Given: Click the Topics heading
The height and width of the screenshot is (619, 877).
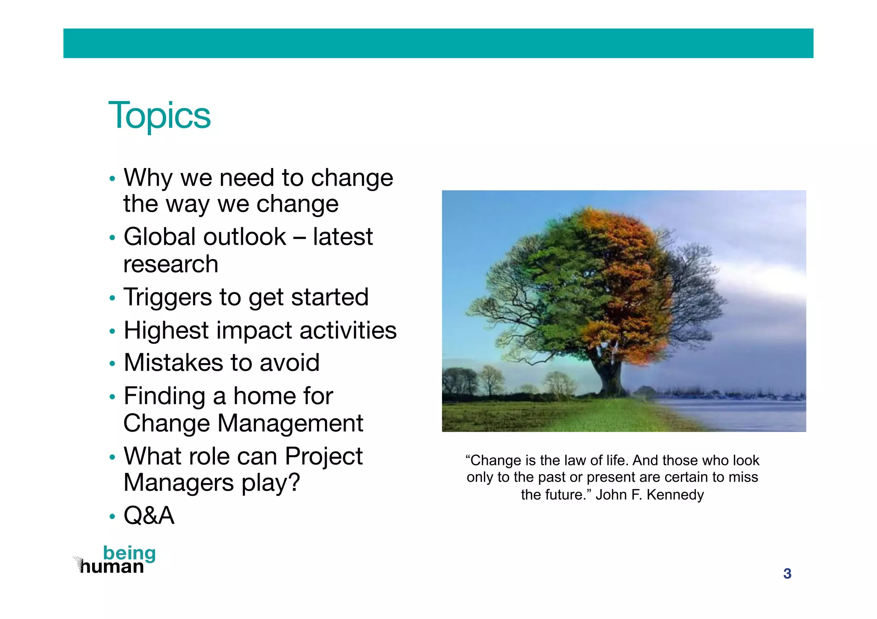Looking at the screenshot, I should click(159, 116).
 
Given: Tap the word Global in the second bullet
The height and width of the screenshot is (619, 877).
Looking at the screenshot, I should click(162, 237).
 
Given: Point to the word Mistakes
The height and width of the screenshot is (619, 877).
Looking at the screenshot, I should click(173, 363).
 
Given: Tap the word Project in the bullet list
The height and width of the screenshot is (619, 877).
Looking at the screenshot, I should click(323, 456).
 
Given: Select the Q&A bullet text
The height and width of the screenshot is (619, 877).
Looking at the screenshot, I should click(149, 515).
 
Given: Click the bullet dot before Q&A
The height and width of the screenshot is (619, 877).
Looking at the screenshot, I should click(112, 517).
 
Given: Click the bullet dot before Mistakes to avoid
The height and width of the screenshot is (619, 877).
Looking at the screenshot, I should click(112, 364).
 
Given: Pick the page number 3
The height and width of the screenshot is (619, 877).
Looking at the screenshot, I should click(787, 574).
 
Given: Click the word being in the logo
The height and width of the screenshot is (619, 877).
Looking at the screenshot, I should click(129, 553).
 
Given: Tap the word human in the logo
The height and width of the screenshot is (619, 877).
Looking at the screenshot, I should click(112, 567).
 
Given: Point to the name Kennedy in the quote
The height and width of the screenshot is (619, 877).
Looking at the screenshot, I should click(675, 495).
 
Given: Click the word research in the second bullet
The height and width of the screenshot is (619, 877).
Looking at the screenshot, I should click(170, 264).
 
